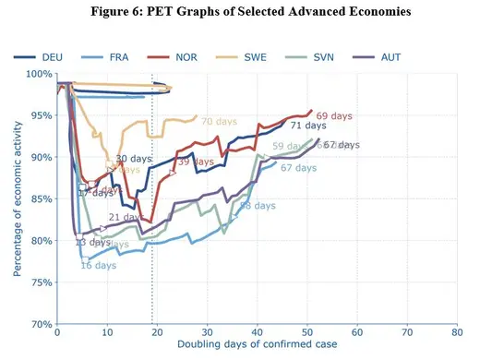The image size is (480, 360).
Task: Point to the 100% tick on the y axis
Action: (37, 74)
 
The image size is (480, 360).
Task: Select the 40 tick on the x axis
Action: (257, 330)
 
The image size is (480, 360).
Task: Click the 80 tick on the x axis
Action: (455, 330)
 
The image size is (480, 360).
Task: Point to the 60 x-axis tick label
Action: (356, 330)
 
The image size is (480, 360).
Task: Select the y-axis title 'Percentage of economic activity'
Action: (16, 199)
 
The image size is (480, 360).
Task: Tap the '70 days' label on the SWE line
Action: (219, 122)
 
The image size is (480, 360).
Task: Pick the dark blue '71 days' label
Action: (307, 126)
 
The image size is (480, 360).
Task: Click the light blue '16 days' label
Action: (98, 266)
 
